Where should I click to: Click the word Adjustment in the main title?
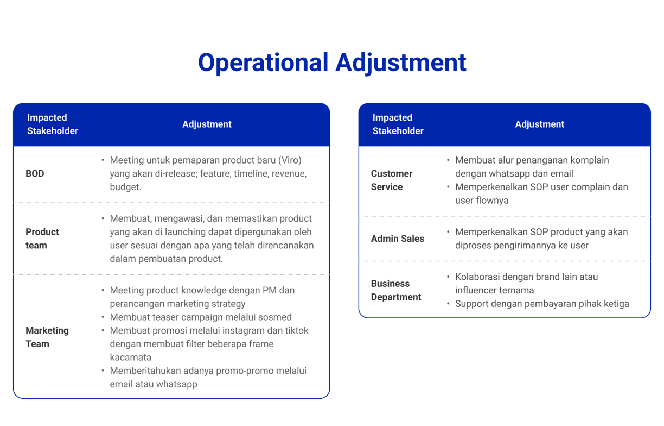[401, 62]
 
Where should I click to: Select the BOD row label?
[35, 174]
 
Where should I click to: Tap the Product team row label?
[42, 239]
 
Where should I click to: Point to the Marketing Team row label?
[47, 337]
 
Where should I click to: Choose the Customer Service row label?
[392, 180]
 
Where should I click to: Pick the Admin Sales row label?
[398, 239]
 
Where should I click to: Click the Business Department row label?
[396, 290]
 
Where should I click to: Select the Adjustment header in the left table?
[207, 124]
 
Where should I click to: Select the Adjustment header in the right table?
[540, 124]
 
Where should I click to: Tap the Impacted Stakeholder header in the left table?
[53, 124]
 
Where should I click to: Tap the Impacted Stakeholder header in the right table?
[398, 124]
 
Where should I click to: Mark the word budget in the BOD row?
[125, 187]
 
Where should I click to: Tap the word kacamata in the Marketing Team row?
[130, 357]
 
